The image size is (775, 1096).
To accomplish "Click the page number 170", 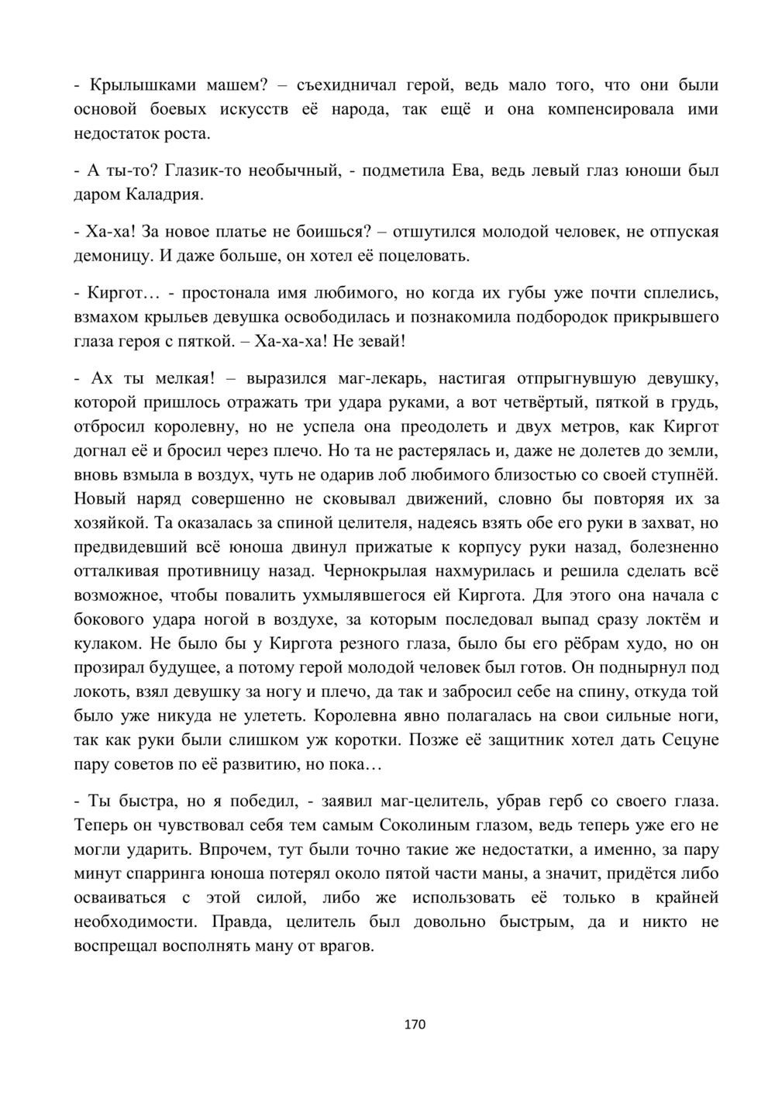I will tap(415, 1025).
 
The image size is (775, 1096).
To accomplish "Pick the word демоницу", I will tap(109, 255).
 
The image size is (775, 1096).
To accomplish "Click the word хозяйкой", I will tap(108, 523).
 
